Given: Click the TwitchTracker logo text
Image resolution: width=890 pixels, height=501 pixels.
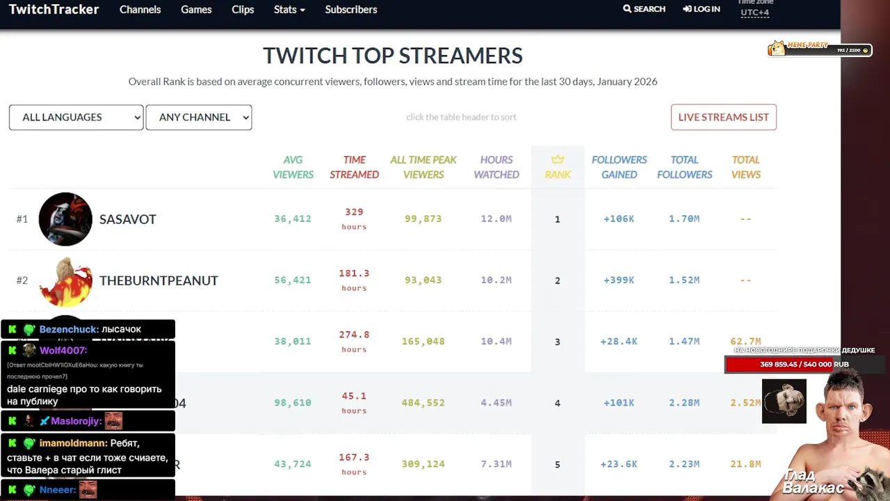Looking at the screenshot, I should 54,10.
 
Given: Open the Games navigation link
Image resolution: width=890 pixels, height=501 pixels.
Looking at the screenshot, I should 196,10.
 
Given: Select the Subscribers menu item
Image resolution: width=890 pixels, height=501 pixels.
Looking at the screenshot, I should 350,10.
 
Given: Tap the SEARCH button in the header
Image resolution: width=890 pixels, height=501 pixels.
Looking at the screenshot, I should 645,9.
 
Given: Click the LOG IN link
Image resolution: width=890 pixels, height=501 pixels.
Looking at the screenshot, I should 702,9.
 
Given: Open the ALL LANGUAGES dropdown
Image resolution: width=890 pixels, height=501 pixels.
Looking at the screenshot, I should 76,117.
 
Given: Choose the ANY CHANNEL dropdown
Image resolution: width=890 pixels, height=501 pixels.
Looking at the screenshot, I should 198,117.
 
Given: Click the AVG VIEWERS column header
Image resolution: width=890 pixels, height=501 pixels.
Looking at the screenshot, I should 293,167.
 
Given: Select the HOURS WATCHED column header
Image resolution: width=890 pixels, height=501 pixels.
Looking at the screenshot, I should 496,167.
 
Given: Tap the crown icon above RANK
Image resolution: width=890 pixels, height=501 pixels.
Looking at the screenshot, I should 558,159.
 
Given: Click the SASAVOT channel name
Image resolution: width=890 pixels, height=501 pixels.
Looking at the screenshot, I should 128,219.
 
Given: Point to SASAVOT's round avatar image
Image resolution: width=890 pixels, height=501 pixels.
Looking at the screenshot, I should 65,219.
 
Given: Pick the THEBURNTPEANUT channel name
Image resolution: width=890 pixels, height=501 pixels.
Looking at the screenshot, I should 159,280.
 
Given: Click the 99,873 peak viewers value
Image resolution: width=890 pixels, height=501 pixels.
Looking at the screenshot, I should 423,218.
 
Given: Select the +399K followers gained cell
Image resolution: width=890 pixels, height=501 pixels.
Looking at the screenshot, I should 618,280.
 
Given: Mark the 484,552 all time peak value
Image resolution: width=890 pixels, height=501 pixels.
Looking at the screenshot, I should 423,402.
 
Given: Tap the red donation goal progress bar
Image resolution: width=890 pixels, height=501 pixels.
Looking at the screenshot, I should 793,365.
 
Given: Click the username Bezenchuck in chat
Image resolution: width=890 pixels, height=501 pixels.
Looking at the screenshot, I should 68,329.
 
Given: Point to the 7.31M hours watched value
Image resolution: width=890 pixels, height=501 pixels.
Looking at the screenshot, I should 496,463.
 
